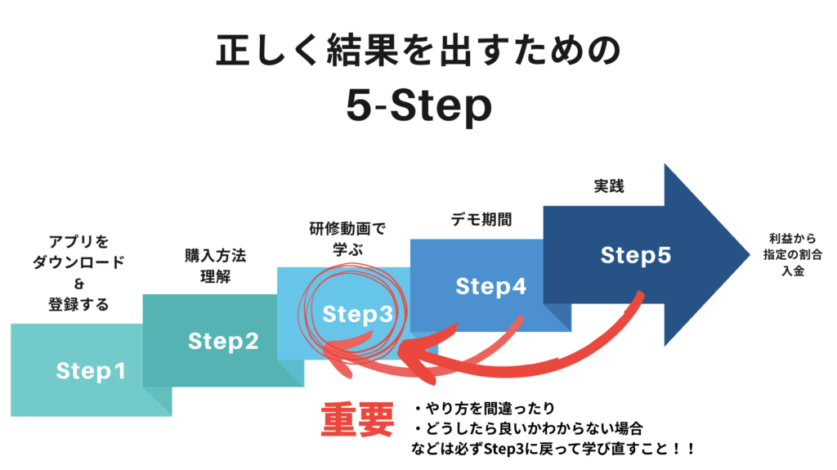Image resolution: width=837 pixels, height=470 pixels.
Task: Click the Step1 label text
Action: [91, 371]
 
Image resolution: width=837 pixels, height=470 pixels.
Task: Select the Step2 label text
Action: [223, 341]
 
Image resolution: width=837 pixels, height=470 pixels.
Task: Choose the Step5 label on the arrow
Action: [635, 255]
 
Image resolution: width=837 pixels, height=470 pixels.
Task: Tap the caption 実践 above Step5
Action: [608, 186]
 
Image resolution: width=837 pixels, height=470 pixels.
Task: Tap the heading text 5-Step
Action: [418, 107]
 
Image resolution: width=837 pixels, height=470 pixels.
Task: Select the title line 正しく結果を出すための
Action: [418, 51]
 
